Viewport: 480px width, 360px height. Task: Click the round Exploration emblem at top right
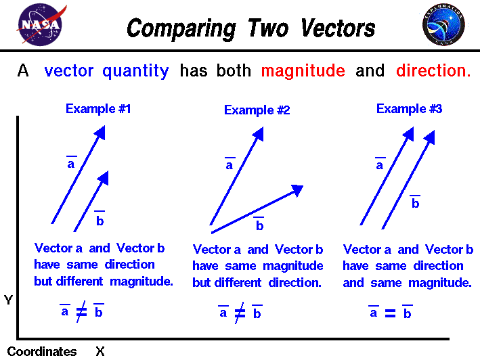pos(443,26)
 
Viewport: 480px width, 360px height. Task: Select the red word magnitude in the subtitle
pos(303,71)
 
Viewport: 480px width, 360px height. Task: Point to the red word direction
pos(433,71)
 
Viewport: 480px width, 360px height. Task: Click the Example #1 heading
pos(97,108)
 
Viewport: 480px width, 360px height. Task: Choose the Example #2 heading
pos(257,110)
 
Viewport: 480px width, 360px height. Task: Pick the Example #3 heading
pos(409,108)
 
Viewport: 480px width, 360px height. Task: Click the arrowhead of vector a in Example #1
pos(100,133)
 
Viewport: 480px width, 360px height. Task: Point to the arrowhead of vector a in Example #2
pos(258,135)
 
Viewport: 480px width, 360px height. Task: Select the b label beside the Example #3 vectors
pos(415,203)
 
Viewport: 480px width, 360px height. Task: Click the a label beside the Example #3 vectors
pos(379,164)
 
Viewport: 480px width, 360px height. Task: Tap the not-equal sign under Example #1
pos(81,312)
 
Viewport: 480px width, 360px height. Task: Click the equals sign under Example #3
pos(390,313)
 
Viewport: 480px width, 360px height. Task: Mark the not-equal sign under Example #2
pos(240,313)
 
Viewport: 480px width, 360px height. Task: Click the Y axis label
pos(8,299)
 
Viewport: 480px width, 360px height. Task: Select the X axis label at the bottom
pos(100,351)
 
